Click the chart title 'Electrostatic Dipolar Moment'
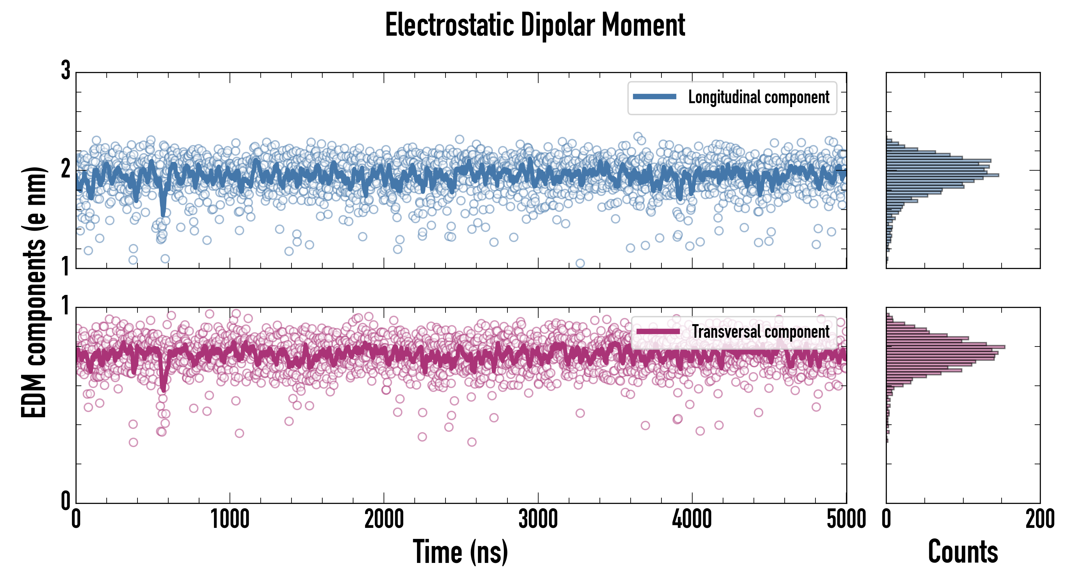pyautogui.click(x=535, y=25)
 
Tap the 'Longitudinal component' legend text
pyautogui.click(x=758, y=97)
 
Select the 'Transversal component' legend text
pyautogui.click(x=761, y=332)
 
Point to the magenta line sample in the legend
pyautogui.click(x=658, y=332)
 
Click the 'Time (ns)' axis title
pyautogui.click(x=460, y=552)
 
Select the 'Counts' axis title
pyautogui.click(x=963, y=552)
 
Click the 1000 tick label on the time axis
pyautogui.click(x=230, y=519)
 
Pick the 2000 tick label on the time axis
pyautogui.click(x=384, y=519)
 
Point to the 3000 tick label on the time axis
pyautogui.click(x=538, y=519)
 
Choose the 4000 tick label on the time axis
pyautogui.click(x=692, y=519)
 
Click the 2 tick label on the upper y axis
pyautogui.click(x=65, y=169)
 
